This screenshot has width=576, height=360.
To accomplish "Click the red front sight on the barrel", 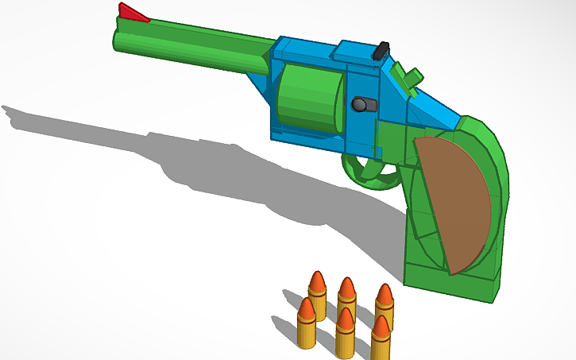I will point(133,13).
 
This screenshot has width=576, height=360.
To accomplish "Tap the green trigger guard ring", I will point(370,169).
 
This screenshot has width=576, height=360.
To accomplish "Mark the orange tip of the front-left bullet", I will point(307,305).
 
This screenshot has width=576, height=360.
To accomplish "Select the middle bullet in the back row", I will point(346,298).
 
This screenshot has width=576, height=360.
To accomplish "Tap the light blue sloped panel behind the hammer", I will point(433,107).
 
